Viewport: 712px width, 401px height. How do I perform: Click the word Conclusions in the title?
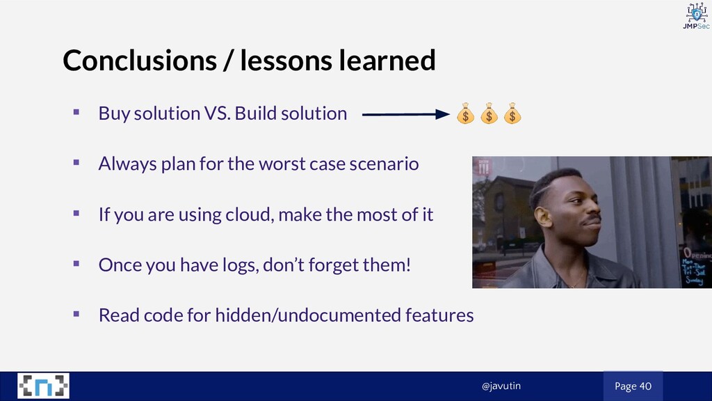coord(139,60)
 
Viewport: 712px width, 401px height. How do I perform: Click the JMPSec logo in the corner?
coord(697,16)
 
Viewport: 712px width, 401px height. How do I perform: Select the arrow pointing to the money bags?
coord(405,114)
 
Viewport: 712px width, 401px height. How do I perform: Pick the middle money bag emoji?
coord(489,113)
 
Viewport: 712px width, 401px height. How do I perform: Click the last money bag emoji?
coord(512,113)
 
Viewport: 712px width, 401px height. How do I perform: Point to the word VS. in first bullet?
coord(217,113)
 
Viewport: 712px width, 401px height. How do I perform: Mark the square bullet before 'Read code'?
coord(76,314)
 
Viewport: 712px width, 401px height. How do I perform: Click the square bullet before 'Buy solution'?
coord(76,112)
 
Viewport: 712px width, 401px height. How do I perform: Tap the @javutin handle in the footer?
coord(501,386)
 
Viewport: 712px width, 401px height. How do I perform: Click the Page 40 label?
coord(633,386)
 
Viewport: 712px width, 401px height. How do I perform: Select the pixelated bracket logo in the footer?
coord(44,386)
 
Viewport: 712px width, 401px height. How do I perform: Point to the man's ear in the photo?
coord(542,217)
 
